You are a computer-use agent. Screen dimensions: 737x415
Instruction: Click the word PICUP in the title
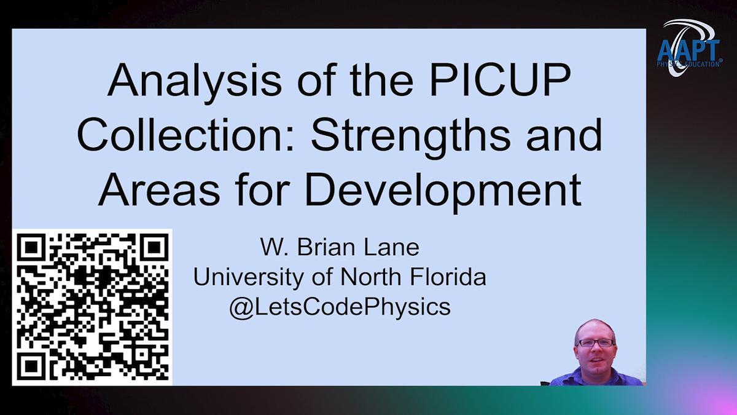coord(500,80)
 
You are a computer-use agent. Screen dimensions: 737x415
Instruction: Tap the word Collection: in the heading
coord(185,135)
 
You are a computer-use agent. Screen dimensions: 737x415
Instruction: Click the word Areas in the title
coord(159,191)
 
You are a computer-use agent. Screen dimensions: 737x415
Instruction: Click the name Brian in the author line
coord(326,247)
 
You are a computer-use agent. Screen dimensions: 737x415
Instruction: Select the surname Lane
coord(391,247)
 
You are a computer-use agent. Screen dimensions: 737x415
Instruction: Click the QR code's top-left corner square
coord(31,247)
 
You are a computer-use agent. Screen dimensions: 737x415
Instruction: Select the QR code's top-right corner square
coord(154,247)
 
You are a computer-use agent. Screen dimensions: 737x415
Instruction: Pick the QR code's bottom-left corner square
coord(31,366)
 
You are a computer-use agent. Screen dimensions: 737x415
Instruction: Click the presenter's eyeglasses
coord(596,343)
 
